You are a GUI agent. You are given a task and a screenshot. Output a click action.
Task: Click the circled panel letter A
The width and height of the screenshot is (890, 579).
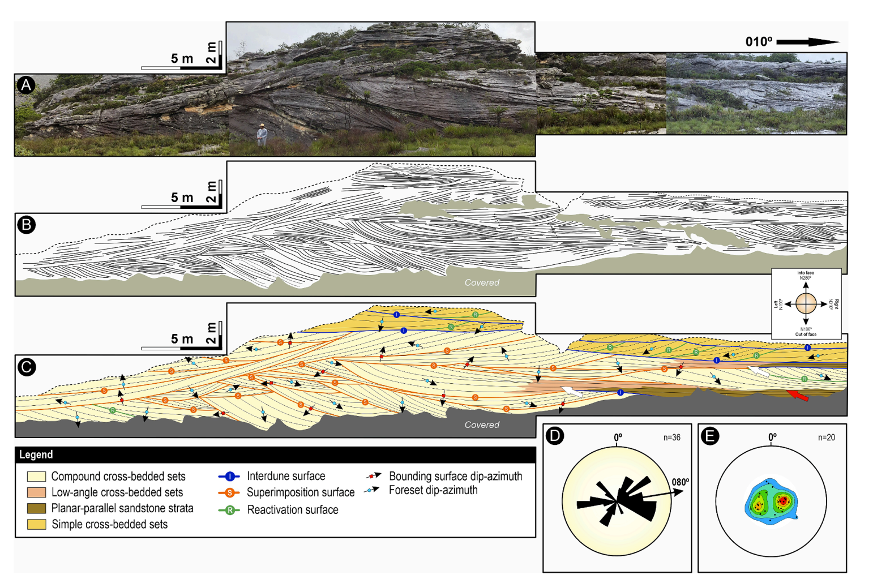[26, 85]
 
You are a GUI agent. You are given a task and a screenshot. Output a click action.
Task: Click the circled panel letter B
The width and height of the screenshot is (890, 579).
[26, 225]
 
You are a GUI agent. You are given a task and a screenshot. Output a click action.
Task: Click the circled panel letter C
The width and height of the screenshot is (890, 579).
[26, 367]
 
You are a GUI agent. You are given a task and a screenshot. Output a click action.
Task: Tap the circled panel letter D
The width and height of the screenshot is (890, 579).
[555, 435]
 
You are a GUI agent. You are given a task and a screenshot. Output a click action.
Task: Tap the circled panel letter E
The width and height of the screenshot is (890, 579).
[709, 435]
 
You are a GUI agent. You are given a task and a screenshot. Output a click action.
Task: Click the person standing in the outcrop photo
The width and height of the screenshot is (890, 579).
[262, 134]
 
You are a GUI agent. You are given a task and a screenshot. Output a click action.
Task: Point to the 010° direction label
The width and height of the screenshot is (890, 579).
[759, 42]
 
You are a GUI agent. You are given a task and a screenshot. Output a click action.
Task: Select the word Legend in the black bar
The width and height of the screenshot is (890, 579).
[36, 454]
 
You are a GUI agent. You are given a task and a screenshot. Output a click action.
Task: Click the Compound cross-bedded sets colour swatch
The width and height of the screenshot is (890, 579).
[36, 477]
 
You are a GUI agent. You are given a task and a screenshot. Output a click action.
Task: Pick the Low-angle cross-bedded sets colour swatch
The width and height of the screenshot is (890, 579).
[36, 492]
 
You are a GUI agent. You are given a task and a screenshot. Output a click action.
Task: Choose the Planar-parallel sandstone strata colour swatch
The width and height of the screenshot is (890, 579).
[36, 508]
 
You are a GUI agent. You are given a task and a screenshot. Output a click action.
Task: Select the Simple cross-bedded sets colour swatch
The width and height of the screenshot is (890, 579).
[36, 524]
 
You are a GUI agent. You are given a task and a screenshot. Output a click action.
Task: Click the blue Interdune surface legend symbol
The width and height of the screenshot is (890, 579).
[229, 477]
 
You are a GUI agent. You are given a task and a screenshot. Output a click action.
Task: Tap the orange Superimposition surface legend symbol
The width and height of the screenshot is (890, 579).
[229, 492]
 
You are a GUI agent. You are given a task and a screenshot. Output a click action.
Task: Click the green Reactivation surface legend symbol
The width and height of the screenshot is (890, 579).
[229, 510]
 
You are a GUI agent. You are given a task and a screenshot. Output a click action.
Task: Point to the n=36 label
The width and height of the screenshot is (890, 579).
[671, 438]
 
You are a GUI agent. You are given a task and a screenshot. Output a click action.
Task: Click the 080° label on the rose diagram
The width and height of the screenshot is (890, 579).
[680, 482]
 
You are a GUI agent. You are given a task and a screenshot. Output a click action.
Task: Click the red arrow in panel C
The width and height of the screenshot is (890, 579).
[798, 396]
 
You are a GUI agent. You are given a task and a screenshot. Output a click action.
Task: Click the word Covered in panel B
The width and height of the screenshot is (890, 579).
[482, 282]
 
